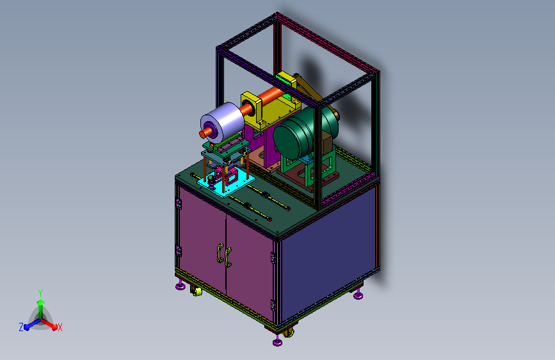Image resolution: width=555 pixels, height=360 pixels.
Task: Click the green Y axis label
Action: click(40, 293)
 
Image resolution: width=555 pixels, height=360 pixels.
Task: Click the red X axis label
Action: click(60, 327)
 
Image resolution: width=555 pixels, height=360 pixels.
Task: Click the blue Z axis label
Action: click(21, 327)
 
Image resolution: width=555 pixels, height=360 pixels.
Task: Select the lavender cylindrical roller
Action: click(222, 122)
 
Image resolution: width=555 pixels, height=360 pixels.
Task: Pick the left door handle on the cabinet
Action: click(220, 252)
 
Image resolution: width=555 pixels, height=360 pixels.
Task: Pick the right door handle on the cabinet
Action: click(228, 258)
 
